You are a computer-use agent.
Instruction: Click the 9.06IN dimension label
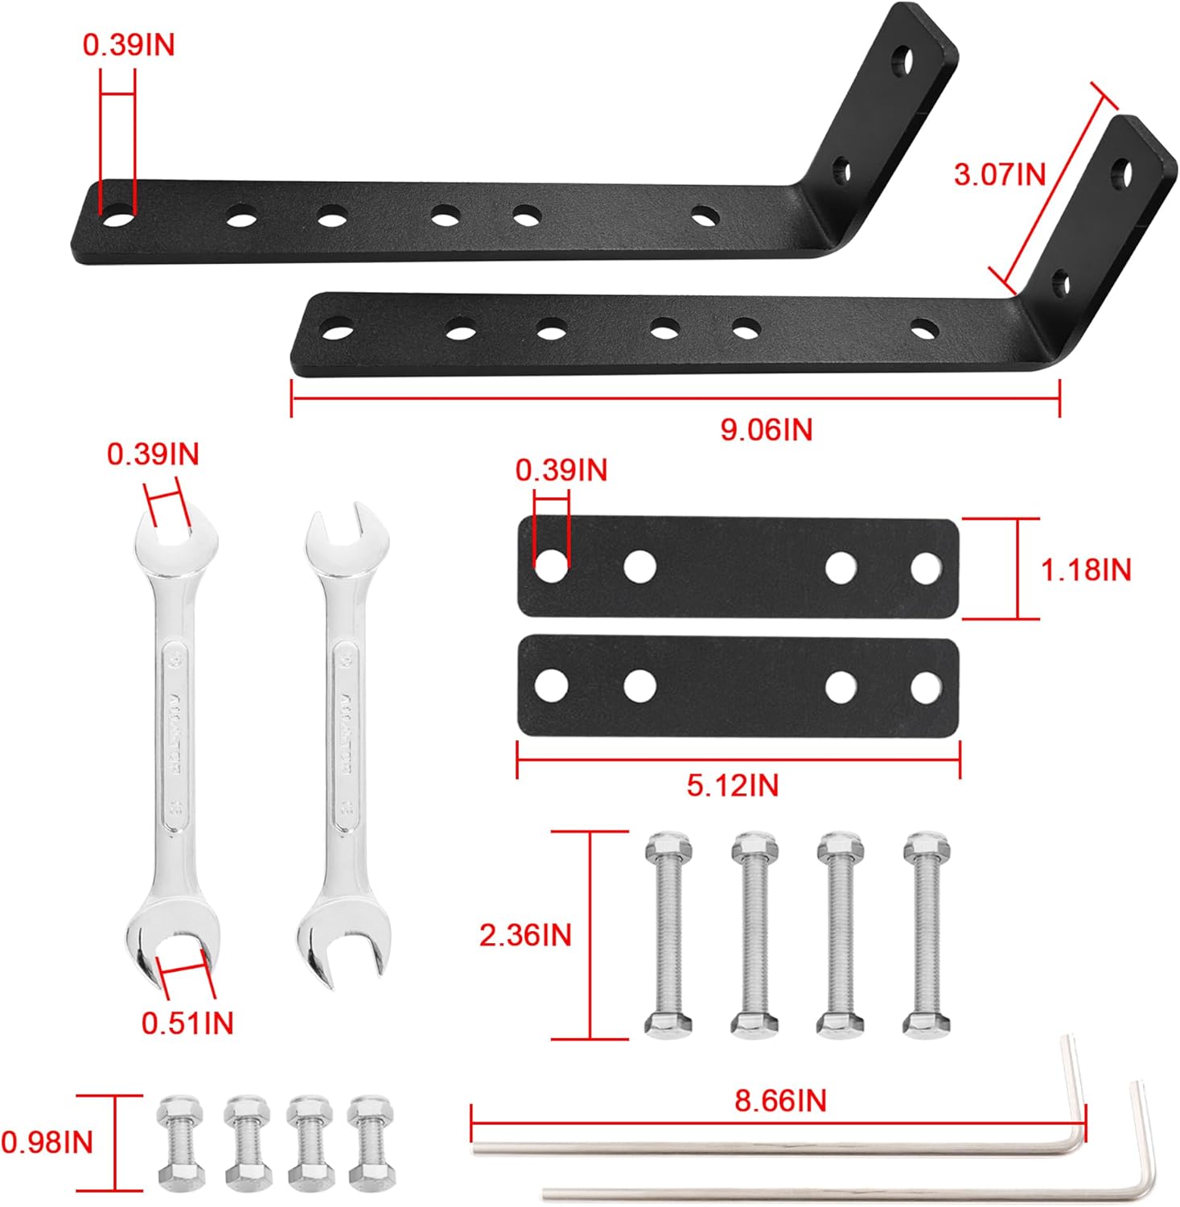(x=766, y=430)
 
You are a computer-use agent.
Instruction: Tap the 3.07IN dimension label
(x=999, y=174)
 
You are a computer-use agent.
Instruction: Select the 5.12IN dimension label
(x=732, y=785)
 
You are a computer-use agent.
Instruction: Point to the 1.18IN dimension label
(x=1085, y=570)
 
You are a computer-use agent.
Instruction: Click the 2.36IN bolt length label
(x=525, y=935)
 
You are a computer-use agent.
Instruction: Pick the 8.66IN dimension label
(x=780, y=1100)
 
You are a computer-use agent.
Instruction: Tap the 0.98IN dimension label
(x=47, y=1142)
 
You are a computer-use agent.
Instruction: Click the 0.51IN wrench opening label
(x=187, y=1023)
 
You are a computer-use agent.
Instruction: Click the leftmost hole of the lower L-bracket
(x=337, y=329)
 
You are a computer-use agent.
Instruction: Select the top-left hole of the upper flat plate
(x=551, y=566)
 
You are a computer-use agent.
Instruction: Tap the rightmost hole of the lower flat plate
(x=926, y=686)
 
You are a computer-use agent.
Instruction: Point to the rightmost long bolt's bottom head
(x=926, y=1023)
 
